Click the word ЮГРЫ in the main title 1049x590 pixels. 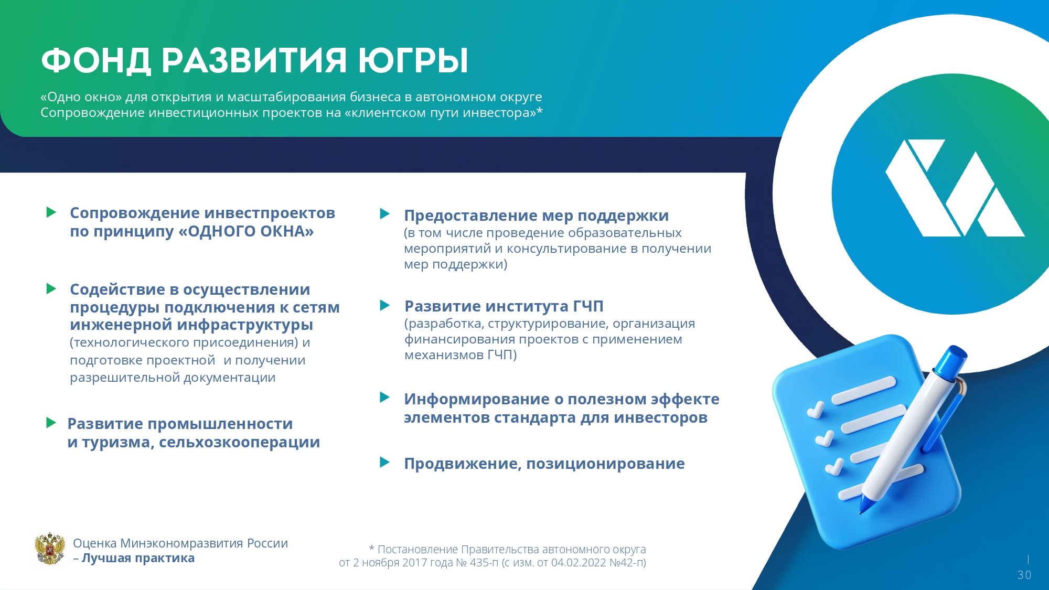coord(413,60)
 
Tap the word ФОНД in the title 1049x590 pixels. coord(96,61)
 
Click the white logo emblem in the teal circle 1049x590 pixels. coord(955,188)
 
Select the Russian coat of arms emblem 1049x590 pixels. coord(50,549)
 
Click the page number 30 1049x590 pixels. coord(1024,575)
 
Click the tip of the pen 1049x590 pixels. coord(861,512)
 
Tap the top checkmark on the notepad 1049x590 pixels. coord(816,410)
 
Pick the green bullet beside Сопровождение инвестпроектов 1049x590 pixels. coord(51,212)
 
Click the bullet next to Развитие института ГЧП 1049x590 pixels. coord(385,305)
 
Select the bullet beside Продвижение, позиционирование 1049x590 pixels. coord(385,462)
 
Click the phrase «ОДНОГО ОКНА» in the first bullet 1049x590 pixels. coord(246,231)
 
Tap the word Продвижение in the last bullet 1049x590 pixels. coord(463,464)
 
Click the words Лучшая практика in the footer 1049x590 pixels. coord(138,558)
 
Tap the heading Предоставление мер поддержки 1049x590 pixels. coord(536,216)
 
